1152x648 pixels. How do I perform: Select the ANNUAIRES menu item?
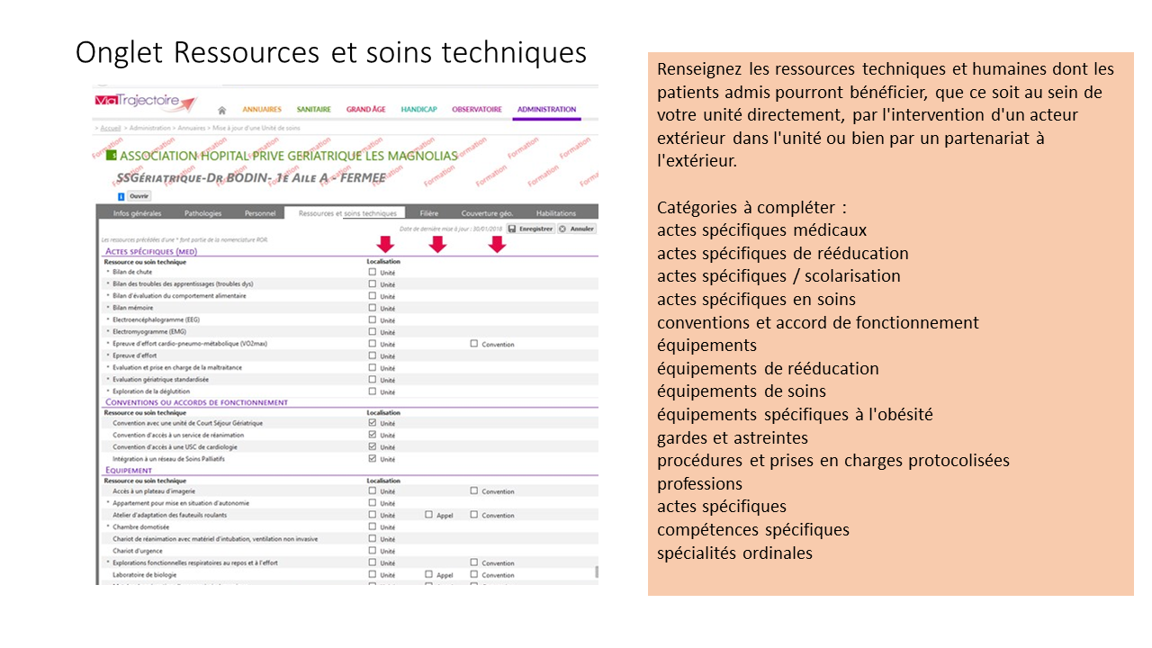click(262, 110)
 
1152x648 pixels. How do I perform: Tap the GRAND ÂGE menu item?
click(365, 110)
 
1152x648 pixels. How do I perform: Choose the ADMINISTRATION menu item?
click(546, 110)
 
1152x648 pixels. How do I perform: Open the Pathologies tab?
click(202, 213)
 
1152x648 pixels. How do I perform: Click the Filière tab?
click(428, 213)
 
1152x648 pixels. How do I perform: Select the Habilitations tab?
click(555, 213)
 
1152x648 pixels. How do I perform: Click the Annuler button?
click(578, 229)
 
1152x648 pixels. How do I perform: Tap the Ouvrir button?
click(139, 195)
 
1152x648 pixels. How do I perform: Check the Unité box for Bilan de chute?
click(373, 272)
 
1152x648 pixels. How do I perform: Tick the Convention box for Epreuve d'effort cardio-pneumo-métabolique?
click(474, 344)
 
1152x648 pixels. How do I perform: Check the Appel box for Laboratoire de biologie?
click(429, 574)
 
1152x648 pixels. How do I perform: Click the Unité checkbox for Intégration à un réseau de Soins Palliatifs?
click(373, 459)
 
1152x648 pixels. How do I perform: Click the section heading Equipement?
click(129, 470)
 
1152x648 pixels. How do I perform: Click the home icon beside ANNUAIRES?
click(221, 111)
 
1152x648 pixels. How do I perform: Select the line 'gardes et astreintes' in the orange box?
click(732, 437)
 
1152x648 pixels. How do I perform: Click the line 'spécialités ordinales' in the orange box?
click(734, 553)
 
